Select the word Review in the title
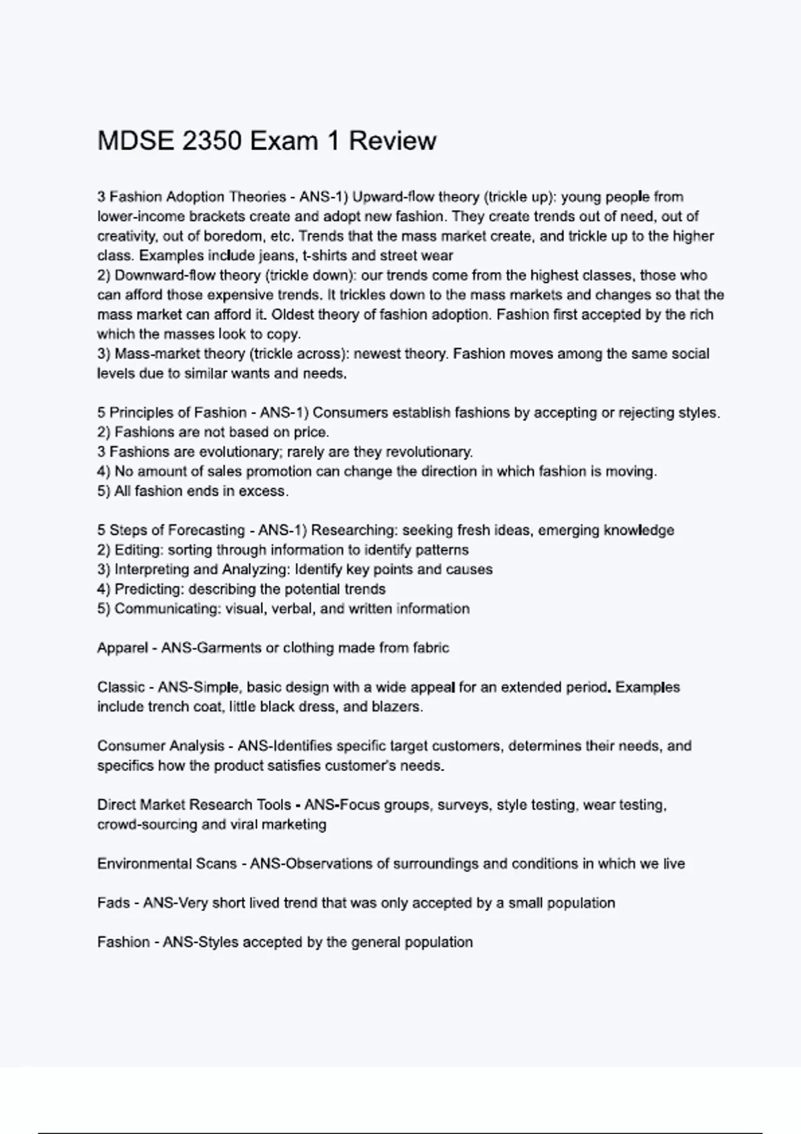pyautogui.click(x=392, y=141)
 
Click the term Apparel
pyautogui.click(x=122, y=648)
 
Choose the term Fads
pyautogui.click(x=113, y=903)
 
